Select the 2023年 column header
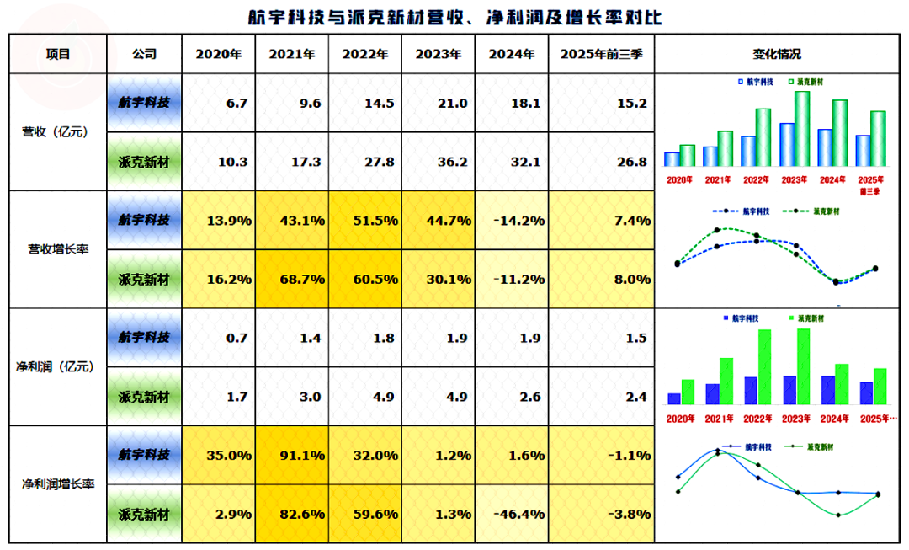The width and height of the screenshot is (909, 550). point(439,54)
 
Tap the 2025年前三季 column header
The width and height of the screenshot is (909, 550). point(601,54)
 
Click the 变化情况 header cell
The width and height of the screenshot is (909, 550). point(777,54)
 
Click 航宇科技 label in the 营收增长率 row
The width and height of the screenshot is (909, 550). point(144,220)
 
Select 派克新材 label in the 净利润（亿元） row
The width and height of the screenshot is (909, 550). point(144,396)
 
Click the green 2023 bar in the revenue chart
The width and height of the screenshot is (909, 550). point(801,128)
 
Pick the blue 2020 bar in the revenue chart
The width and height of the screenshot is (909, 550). point(672,159)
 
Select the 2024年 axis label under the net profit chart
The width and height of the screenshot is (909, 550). point(834,419)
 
